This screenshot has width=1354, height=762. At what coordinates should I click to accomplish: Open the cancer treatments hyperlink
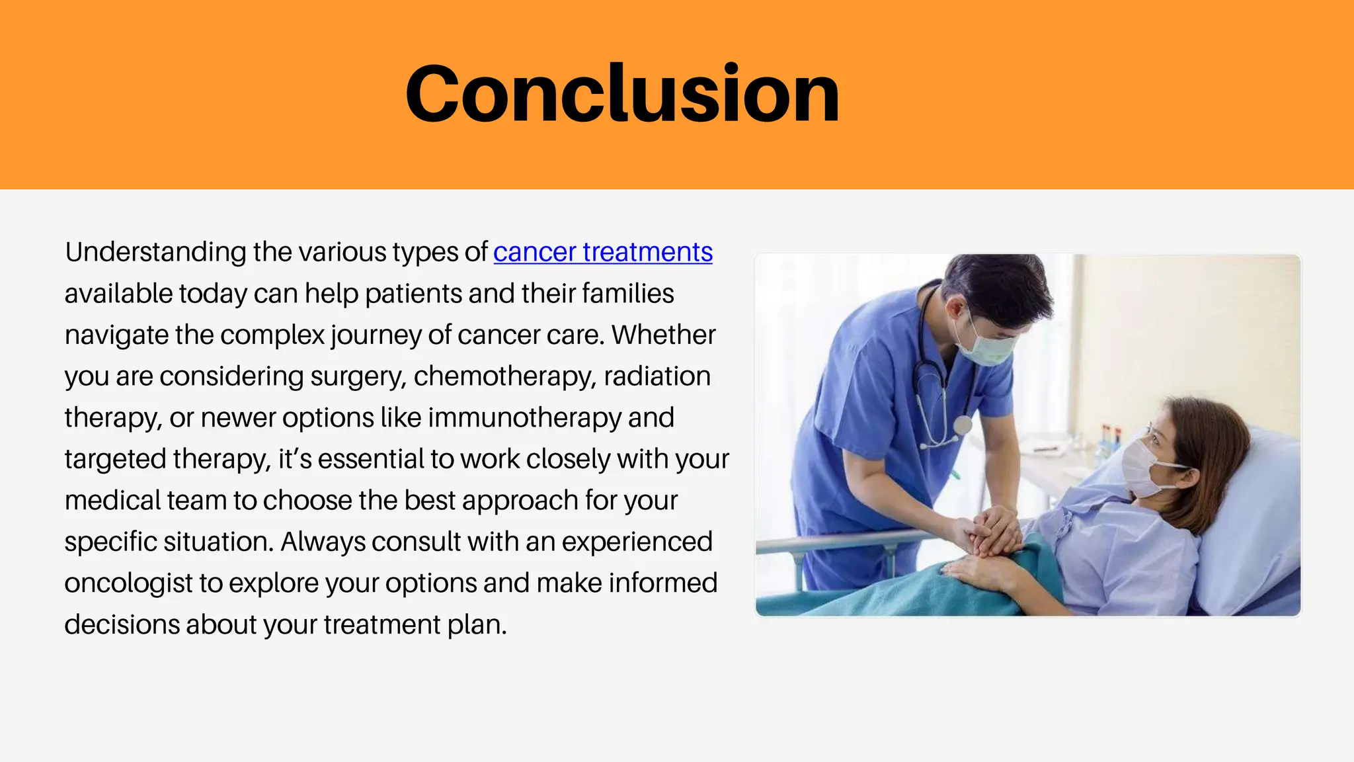click(x=602, y=253)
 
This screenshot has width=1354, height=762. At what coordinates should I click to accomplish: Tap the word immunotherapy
click(x=524, y=418)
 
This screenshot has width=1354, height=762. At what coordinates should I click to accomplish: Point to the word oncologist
click(x=128, y=583)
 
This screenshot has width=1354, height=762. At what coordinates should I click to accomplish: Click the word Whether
click(x=663, y=335)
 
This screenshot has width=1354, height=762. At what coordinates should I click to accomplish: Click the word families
click(x=628, y=294)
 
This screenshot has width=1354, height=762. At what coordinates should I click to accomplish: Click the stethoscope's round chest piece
click(x=963, y=425)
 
